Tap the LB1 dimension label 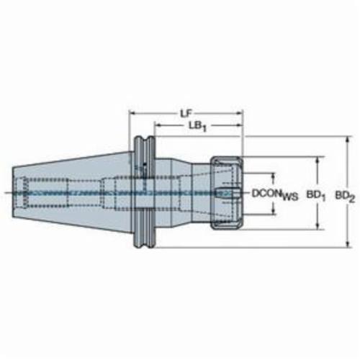[197, 126]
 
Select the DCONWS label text [275, 194]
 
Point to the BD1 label [316, 196]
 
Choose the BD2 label [345, 197]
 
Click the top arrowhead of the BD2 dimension [348, 140]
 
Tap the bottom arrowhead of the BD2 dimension [348, 243]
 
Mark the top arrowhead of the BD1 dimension [318, 161]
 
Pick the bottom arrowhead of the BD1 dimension [318, 226]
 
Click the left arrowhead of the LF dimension [133, 113]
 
